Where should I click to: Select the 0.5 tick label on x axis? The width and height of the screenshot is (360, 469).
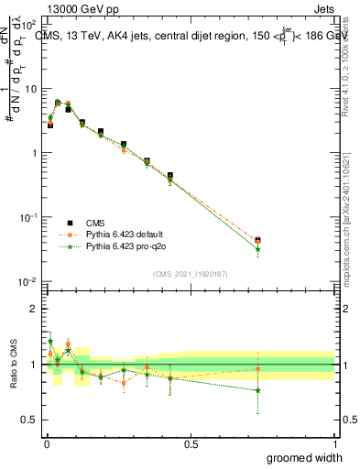point(191,444)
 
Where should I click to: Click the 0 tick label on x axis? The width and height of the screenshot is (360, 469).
point(46,444)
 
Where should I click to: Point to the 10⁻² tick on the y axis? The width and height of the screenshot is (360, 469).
point(29,281)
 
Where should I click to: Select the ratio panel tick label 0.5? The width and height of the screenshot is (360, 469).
point(31,420)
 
